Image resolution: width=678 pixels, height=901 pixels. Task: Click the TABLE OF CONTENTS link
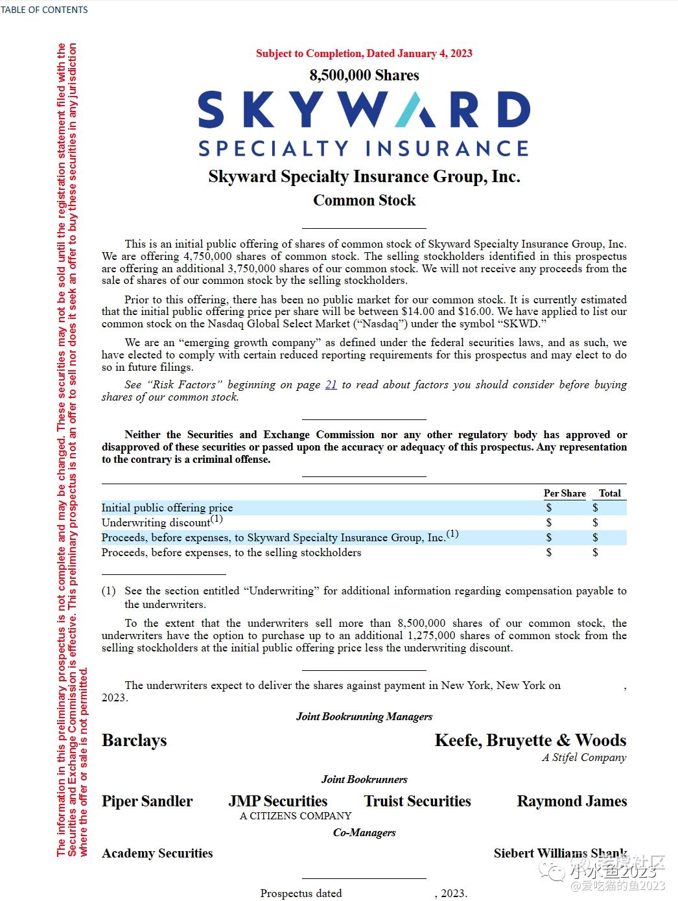point(44,10)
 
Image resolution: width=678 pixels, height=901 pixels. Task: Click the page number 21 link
point(331,384)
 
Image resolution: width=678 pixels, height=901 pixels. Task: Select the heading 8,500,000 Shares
point(364,75)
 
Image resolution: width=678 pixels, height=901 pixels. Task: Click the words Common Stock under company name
point(364,200)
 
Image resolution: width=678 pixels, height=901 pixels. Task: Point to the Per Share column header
point(565,493)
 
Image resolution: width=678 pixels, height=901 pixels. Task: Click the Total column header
point(609,493)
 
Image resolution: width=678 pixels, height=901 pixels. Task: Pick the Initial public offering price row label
point(167,508)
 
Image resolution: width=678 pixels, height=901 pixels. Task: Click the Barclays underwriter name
point(134,740)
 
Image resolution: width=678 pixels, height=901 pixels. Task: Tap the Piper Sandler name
point(147,801)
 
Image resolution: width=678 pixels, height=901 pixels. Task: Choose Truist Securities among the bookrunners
point(417,801)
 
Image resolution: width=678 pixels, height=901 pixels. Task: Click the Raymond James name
point(572,801)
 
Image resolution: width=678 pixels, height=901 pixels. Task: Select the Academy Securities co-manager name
point(158,853)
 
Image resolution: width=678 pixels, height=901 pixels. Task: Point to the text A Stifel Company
point(584,757)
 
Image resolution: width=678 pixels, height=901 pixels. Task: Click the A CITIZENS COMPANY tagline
point(296,815)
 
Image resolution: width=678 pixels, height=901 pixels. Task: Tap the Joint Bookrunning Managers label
point(364,716)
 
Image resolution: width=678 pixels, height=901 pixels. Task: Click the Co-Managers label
point(364,832)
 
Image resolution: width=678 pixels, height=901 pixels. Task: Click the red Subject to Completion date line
point(364,53)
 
